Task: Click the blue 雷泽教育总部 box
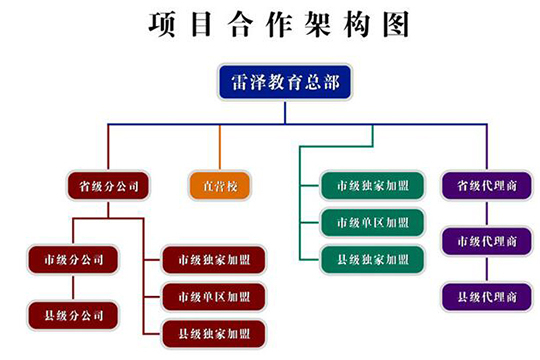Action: [285, 84]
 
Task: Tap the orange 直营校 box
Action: [220, 186]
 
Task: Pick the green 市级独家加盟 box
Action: [372, 186]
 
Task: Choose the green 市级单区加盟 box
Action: [372, 222]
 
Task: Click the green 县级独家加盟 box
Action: [372, 259]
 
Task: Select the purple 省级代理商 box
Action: [486, 186]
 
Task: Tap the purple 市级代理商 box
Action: [486, 241]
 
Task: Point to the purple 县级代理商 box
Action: [486, 296]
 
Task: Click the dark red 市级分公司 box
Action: [72, 260]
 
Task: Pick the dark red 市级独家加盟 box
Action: [214, 260]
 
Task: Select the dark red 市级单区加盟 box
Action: [214, 296]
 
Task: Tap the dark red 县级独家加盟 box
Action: [214, 332]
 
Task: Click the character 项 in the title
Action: [163, 25]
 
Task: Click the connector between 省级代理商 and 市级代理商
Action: [486, 214]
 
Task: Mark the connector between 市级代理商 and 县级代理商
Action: [486, 269]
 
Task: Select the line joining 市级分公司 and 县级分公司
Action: [72, 288]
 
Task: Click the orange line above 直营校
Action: [220, 148]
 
